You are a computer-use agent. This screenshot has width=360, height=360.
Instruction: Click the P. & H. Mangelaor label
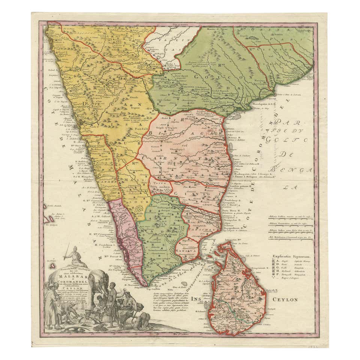tap(91, 176)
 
